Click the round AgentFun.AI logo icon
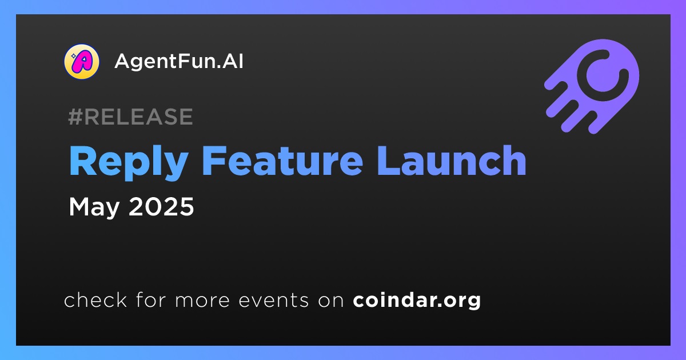click(x=81, y=62)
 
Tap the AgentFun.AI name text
click(x=179, y=61)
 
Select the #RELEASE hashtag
click(x=130, y=117)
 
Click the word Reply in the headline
click(x=129, y=162)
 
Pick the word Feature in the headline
click(x=282, y=161)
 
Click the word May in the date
click(x=94, y=208)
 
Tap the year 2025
click(x=161, y=207)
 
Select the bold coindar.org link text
click(x=417, y=301)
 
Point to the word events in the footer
click(x=274, y=301)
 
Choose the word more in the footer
click(x=202, y=301)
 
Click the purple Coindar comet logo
click(x=592, y=86)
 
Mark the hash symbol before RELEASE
click(x=75, y=117)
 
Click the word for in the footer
click(x=151, y=299)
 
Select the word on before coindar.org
click(x=331, y=301)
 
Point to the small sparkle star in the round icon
click(x=74, y=56)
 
